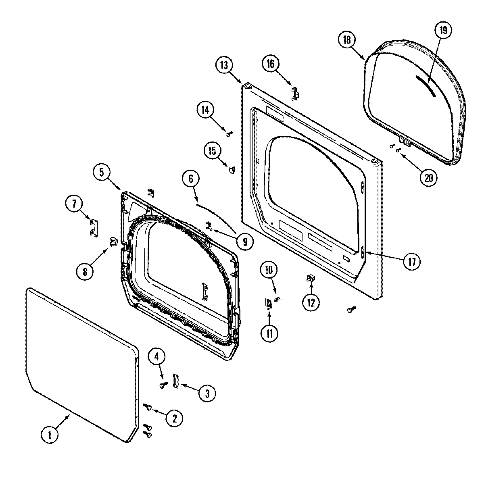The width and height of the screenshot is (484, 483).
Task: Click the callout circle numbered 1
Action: click(50, 435)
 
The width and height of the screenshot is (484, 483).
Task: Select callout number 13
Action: click(224, 65)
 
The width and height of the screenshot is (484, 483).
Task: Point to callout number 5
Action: click(101, 173)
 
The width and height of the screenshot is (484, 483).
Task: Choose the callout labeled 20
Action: click(428, 177)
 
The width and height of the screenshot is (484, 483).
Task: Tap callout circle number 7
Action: click(74, 204)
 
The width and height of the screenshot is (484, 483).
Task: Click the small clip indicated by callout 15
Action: click(232, 170)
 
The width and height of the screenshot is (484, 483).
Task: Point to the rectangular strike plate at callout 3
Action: click(175, 381)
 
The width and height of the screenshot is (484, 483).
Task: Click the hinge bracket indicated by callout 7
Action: click(93, 226)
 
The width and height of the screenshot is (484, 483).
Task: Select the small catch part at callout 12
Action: click(311, 278)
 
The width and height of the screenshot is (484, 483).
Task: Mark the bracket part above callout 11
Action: click(269, 303)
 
